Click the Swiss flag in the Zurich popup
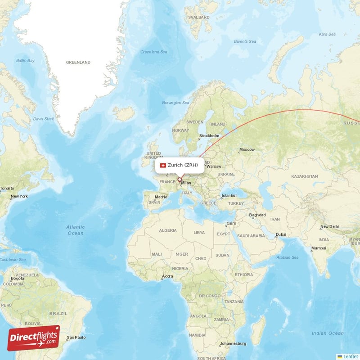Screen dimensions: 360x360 click(x=163, y=165)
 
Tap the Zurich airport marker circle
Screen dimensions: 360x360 click(x=179, y=180)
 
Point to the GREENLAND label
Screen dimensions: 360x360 click(x=78, y=62)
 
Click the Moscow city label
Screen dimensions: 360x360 click(x=247, y=149)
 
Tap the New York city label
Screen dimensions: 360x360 click(x=19, y=196)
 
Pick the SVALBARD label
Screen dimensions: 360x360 click(x=198, y=17)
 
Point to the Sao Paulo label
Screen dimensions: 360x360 click(x=76, y=337)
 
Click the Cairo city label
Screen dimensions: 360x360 click(x=231, y=223)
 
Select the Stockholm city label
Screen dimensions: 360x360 click(x=209, y=135)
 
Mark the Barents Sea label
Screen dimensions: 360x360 click(x=245, y=41)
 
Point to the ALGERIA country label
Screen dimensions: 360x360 click(x=168, y=230)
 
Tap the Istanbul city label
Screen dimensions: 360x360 click(x=229, y=196)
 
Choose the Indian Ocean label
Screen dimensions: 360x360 click(x=328, y=333)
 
